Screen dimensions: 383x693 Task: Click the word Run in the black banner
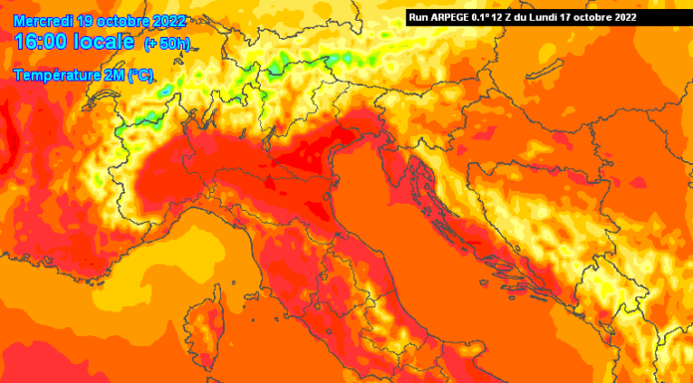point(419,17)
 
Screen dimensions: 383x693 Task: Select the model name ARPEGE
point(453,17)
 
